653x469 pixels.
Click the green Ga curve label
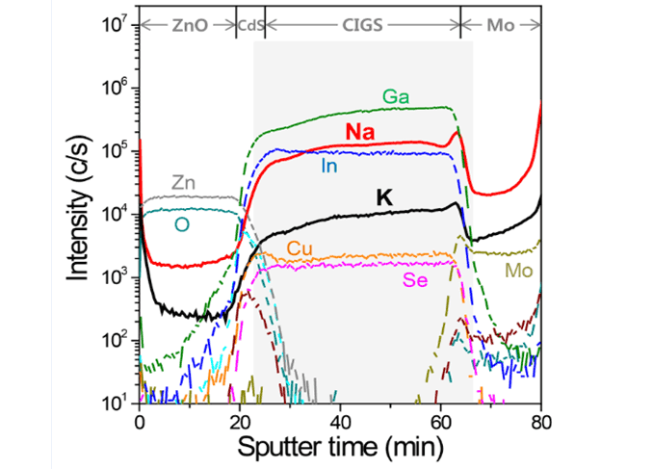tap(394, 96)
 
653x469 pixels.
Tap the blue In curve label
tap(330, 166)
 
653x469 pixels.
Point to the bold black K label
tap(384, 197)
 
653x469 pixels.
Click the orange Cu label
tap(300, 248)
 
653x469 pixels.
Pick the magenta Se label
tap(415, 279)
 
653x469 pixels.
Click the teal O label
tap(180, 224)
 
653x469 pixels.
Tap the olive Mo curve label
tap(519, 272)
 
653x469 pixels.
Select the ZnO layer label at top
tap(188, 26)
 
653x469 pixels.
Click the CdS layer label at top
tap(249, 26)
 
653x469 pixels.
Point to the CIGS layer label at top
tap(362, 26)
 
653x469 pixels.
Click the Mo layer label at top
tap(500, 26)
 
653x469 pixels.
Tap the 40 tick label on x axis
tap(340, 421)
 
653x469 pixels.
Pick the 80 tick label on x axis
tap(540, 421)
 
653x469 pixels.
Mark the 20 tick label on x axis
tap(240, 421)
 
